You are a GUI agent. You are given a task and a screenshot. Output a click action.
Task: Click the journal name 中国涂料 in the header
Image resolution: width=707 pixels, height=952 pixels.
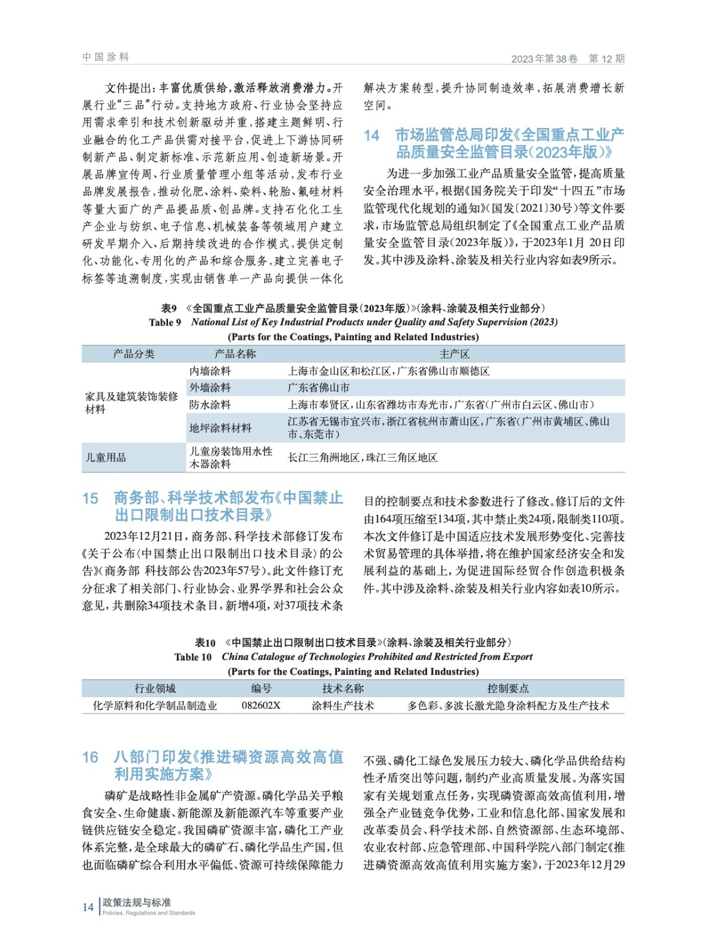coord(105,57)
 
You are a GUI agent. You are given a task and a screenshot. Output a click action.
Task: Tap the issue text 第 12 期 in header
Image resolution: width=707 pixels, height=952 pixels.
coord(606,58)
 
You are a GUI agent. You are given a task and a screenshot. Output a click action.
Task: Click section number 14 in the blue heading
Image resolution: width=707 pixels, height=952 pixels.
coord(372,136)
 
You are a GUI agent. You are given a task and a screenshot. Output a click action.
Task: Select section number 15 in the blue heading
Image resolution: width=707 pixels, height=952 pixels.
coord(90,498)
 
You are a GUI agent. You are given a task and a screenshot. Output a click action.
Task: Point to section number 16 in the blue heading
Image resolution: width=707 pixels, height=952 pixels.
coord(90,757)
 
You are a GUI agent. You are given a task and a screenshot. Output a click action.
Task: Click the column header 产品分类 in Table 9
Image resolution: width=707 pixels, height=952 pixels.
coord(133,354)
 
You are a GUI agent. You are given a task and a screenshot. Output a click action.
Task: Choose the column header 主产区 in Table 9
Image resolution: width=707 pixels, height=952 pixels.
coord(454,354)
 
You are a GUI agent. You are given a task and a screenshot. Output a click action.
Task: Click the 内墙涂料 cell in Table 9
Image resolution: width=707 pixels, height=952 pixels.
coord(210,371)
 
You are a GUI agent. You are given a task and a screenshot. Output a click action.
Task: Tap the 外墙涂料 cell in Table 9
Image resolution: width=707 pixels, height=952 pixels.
coord(210,387)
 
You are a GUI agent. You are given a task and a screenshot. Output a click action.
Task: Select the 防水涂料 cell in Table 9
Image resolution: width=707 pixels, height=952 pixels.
coord(210,405)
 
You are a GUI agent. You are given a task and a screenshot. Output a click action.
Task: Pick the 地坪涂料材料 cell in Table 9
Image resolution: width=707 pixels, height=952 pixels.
coord(220,428)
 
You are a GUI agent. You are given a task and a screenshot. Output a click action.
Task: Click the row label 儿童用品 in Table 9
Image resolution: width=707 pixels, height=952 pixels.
coord(106,458)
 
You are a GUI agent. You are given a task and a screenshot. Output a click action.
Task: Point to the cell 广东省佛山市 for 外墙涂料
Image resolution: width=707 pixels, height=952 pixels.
coord(319,387)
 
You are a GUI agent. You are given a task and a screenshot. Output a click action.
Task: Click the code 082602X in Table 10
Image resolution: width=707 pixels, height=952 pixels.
coord(261,706)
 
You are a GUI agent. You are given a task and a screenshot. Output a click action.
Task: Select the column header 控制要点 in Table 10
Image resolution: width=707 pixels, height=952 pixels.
coord(507,688)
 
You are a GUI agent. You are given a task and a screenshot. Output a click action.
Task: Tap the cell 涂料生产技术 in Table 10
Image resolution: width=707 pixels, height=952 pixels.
coord(343,706)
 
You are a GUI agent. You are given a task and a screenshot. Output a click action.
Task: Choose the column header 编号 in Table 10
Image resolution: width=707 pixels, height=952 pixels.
coord(261,688)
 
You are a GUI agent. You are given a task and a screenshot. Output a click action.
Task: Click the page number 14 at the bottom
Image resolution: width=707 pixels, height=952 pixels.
coord(88,907)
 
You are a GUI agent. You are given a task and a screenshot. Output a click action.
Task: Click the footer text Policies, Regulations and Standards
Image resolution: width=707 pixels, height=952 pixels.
coord(149,913)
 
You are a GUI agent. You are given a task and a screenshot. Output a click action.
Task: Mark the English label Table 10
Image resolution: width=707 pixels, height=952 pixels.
coord(193,657)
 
